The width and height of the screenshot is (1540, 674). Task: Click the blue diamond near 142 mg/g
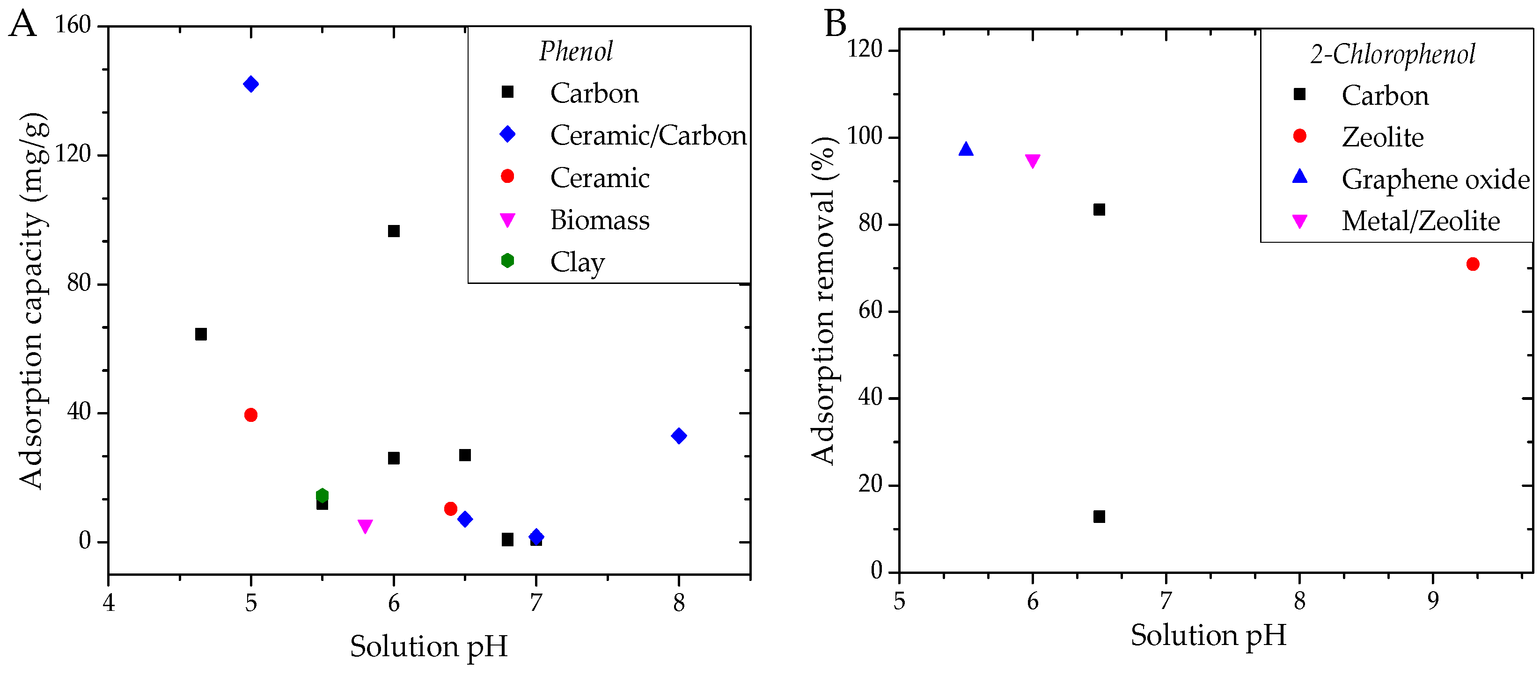pyautogui.click(x=250, y=84)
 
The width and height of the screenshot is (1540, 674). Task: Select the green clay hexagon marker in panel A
pyautogui.click(x=322, y=495)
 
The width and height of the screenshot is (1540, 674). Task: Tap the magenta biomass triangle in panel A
pyautogui.click(x=365, y=526)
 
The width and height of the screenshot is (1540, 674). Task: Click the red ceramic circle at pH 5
pyautogui.click(x=250, y=415)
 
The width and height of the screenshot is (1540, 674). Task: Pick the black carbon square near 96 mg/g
pyautogui.click(x=393, y=231)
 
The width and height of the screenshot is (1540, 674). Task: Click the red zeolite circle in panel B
pyautogui.click(x=1473, y=264)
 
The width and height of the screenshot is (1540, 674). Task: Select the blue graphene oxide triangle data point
pyautogui.click(x=966, y=149)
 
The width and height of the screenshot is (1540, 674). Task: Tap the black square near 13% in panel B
pyautogui.click(x=1099, y=516)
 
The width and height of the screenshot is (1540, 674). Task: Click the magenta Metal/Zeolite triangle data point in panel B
pyautogui.click(x=1033, y=161)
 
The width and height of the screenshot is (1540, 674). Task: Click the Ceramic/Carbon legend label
pyautogui.click(x=648, y=136)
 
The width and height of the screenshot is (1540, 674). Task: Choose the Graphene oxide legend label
pyautogui.click(x=1435, y=179)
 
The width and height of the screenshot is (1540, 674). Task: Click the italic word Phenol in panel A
pyautogui.click(x=576, y=51)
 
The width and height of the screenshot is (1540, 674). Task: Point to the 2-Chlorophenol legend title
pyautogui.click(x=1393, y=54)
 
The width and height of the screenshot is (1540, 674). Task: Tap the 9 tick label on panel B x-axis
pyautogui.click(x=1432, y=601)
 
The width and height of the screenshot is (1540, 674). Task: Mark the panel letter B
pyautogui.click(x=835, y=24)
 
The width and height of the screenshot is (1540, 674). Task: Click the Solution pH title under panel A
pyautogui.click(x=429, y=646)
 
